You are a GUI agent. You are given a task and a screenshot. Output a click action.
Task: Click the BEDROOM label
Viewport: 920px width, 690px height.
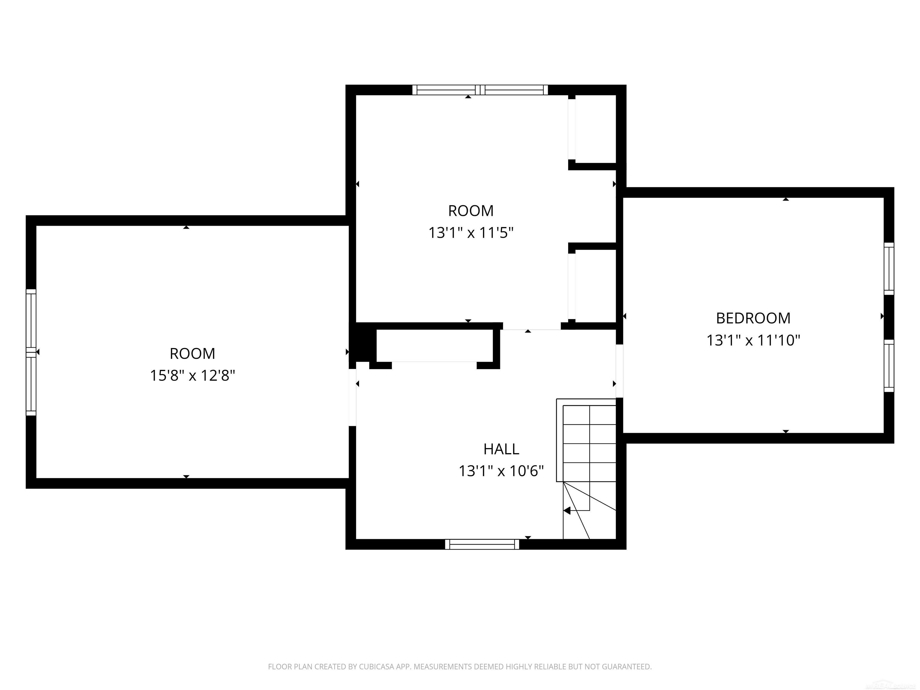point(753,318)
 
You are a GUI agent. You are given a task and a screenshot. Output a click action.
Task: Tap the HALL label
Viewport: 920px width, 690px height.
point(501,449)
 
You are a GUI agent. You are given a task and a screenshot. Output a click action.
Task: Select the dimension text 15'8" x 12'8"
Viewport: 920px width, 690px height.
point(192,376)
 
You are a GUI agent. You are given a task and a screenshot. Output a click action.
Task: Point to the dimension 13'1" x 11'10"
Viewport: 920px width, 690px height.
point(753,340)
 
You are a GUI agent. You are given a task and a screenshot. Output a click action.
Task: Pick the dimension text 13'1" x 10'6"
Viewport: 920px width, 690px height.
point(501,471)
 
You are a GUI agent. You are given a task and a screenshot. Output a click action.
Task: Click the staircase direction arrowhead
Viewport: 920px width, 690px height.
point(567,510)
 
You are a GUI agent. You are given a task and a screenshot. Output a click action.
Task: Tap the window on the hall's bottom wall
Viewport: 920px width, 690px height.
point(482,544)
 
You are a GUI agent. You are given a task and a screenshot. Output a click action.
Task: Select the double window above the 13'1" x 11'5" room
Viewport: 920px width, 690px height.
point(480,90)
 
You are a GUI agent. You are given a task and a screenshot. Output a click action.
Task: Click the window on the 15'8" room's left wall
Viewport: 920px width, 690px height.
point(31,352)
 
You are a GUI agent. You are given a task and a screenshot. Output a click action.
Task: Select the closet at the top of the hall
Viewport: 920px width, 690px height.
point(434,346)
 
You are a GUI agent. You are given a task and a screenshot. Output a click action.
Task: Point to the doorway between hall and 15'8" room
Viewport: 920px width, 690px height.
point(352,397)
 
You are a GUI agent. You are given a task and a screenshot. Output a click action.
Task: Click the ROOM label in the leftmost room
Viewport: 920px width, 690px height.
point(192,353)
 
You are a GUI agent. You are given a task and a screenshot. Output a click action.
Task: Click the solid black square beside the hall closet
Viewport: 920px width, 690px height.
point(363,345)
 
